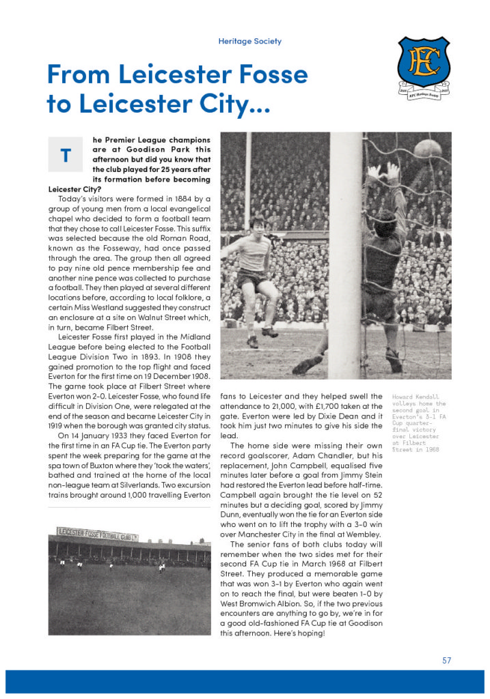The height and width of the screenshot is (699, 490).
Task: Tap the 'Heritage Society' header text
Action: tap(249, 41)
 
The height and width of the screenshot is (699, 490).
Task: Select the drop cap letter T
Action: tap(66, 155)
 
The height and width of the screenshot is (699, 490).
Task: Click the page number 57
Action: tap(446, 660)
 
